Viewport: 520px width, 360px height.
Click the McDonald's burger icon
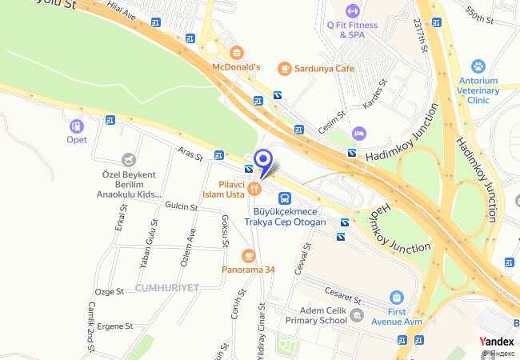pos(236,53)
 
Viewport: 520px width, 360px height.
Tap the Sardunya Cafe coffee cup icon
pos(284,69)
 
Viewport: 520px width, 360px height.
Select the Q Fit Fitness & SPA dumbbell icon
pos(352,11)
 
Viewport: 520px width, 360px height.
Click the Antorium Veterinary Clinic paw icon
pos(478,66)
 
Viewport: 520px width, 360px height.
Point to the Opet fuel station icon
pos(76,126)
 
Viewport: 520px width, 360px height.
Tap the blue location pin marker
pos(262,161)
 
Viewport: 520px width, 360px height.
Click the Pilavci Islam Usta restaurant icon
pos(255,189)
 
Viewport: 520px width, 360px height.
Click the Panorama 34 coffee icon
pos(248,256)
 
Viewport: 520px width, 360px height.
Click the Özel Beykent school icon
pos(128,160)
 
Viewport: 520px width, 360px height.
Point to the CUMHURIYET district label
pos(166,287)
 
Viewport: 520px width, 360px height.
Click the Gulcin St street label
pos(181,206)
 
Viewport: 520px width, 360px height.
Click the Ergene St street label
pos(114,326)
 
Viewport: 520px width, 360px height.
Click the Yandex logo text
pos(497,342)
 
